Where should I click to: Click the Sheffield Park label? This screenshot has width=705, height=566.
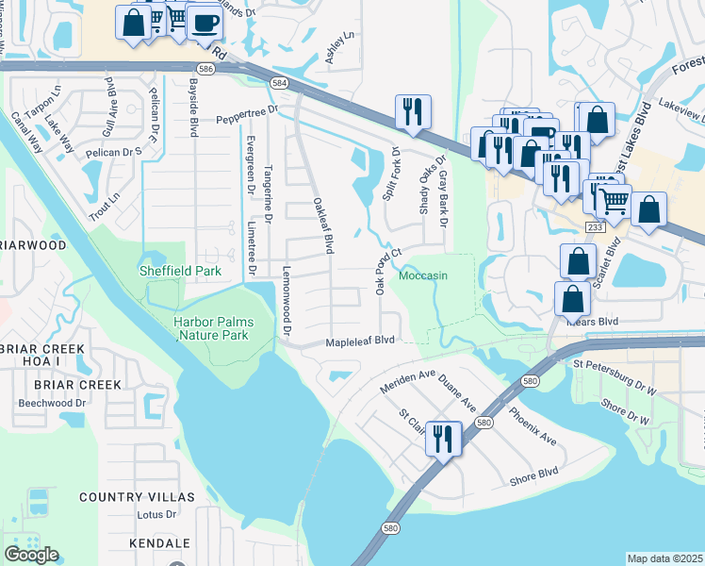click(180, 271)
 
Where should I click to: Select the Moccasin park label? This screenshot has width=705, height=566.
click(422, 275)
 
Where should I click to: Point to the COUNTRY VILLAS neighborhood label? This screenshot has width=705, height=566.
click(137, 497)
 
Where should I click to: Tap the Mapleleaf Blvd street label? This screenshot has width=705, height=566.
click(359, 341)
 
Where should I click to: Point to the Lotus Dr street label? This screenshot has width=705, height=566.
click(156, 515)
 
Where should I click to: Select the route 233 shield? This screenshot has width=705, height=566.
click(595, 227)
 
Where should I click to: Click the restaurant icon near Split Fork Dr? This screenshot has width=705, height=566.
click(412, 112)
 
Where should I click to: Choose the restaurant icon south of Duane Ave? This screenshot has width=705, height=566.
click(441, 438)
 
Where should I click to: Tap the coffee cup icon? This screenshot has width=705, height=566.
click(203, 22)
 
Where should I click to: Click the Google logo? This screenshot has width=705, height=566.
click(31, 555)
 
